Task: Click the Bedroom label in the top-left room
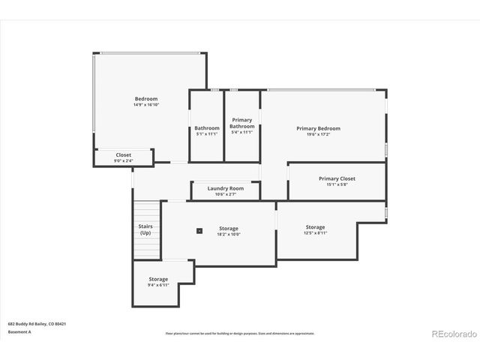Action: point(146,99)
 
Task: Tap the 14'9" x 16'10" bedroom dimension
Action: point(146,105)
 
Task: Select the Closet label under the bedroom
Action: point(123,155)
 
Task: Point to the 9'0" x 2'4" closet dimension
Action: point(123,160)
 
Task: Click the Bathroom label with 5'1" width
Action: point(207,128)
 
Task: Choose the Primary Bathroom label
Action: point(242,123)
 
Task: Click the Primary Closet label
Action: point(337,178)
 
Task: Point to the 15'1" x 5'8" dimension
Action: point(337,184)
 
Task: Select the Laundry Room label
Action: point(226,188)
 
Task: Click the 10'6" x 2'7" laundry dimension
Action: point(226,194)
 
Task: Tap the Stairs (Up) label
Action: point(145,229)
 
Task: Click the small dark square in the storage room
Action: point(199,231)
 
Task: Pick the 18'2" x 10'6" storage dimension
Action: point(229,234)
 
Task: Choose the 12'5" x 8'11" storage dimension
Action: point(315,233)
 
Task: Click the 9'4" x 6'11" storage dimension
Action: point(158,285)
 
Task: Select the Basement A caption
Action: point(20,331)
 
